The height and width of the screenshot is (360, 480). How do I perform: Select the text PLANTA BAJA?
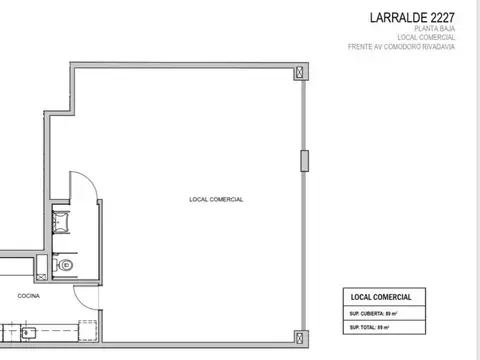[x=436, y=28]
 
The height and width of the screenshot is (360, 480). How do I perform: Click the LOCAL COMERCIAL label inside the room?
[x=216, y=199]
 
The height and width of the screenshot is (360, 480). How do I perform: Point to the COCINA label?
[x=28, y=297]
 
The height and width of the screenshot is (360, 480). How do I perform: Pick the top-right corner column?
[x=302, y=72]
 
